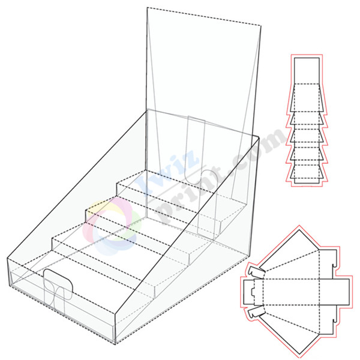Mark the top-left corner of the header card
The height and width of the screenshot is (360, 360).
pos(147,8)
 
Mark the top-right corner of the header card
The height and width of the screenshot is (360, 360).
pos(261,26)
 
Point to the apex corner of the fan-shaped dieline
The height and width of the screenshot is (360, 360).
pos(298,230)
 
